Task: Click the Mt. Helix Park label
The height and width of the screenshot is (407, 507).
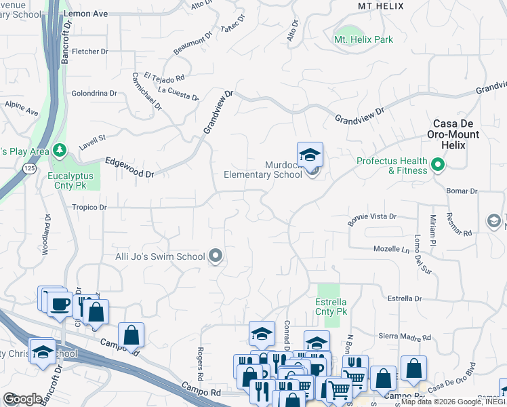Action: point(363,40)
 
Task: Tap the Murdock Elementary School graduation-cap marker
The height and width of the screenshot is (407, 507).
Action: point(310,155)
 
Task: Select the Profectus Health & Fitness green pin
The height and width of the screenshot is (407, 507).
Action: point(438,163)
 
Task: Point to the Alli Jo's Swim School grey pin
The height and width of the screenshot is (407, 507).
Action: point(216,256)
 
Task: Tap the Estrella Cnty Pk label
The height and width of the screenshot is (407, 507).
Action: point(331,307)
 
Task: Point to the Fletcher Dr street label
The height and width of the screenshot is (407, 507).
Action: point(89,52)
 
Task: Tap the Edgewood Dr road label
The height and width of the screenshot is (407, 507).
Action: point(129,168)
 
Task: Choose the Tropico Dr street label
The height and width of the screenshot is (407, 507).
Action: point(89,208)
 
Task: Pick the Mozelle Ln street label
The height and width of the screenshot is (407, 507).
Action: point(392,250)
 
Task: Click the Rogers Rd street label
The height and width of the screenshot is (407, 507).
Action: point(201,364)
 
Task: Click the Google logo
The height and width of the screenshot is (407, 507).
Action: point(22,399)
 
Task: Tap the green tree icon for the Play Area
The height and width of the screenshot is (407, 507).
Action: point(60,149)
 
